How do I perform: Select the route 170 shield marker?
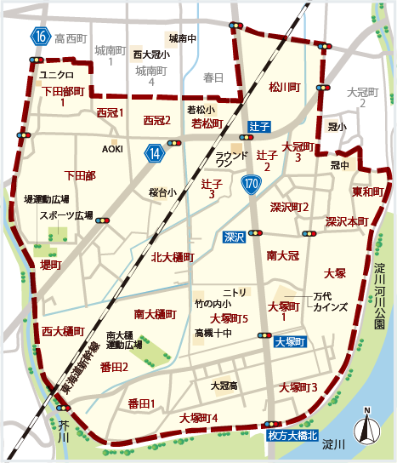pos(251,184)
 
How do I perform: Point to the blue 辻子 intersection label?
pos(259,126)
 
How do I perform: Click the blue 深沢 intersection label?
pos(234,236)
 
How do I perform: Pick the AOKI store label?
pos(112,149)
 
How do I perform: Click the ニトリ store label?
pos(235,291)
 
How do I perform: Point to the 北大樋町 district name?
pos(173,257)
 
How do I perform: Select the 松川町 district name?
pos(285,87)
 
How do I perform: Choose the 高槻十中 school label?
pos(213,333)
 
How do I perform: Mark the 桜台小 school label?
pos(162,192)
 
